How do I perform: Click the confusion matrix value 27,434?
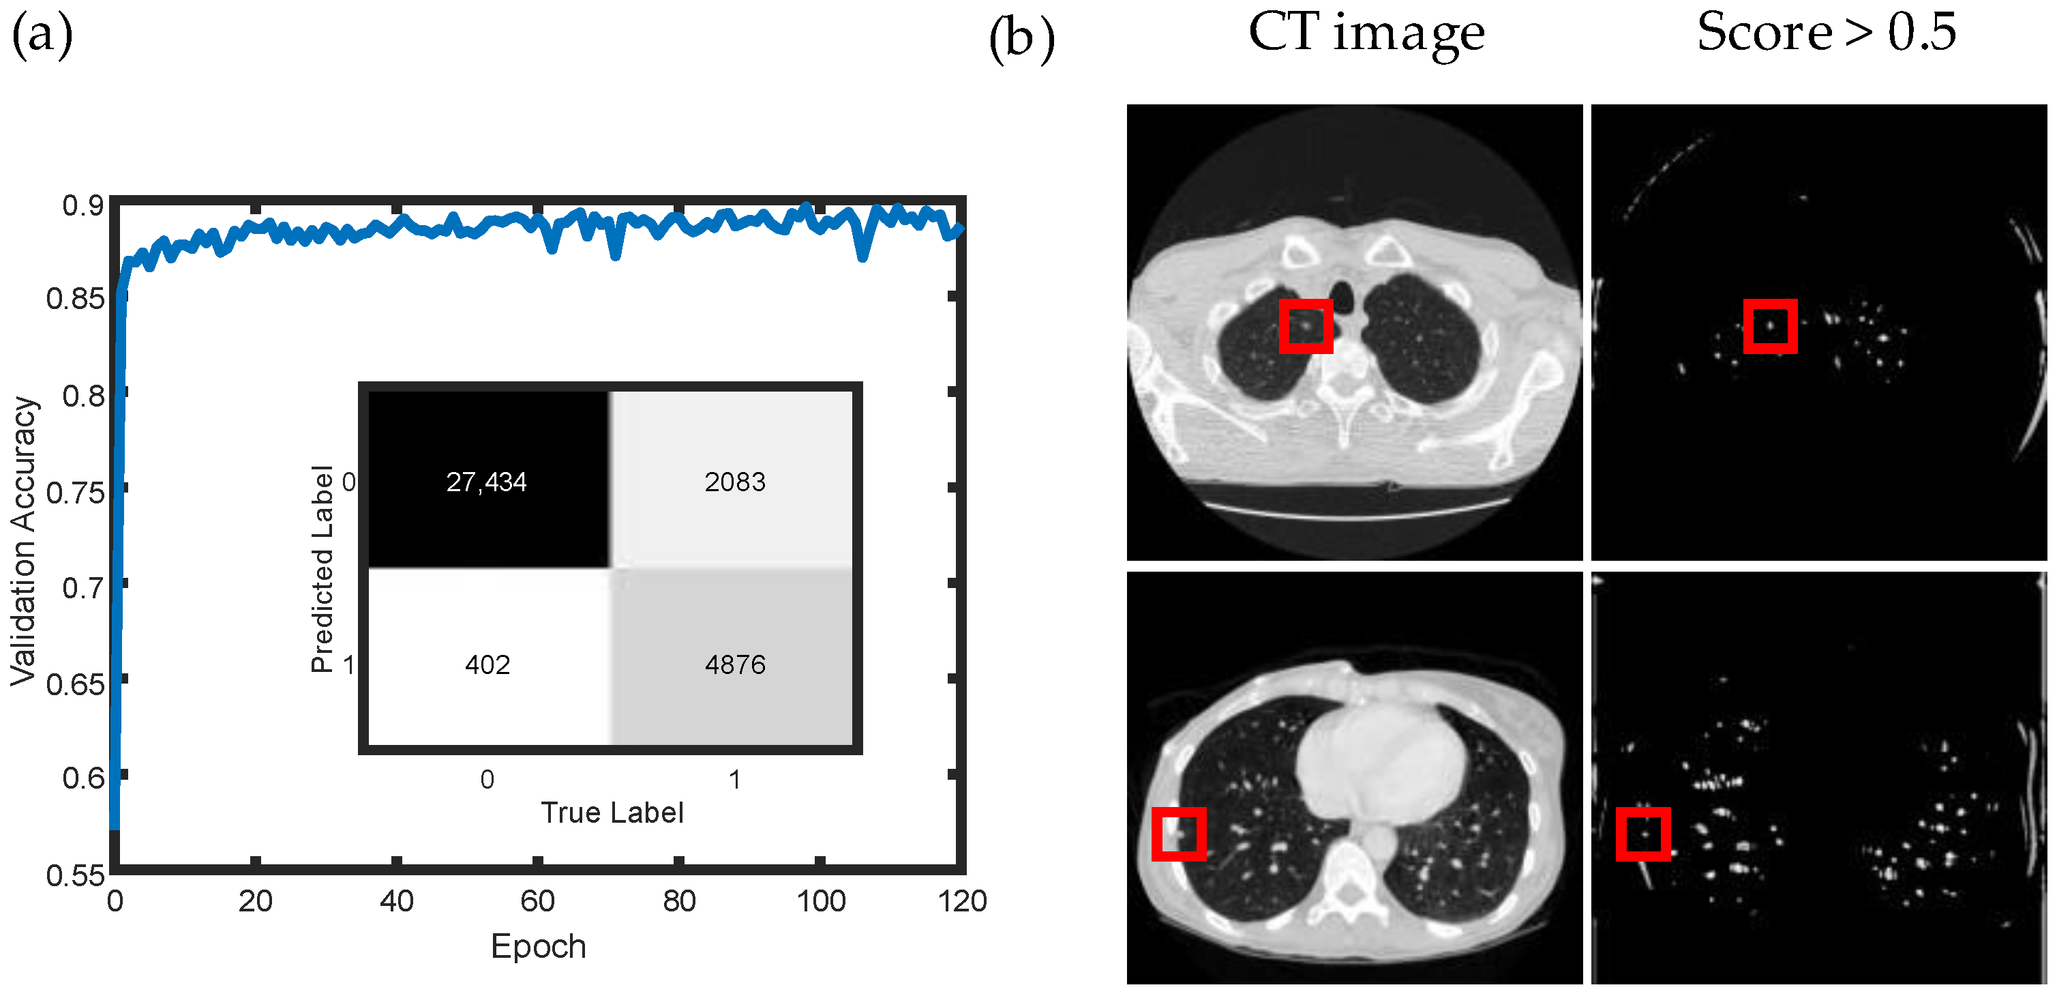pos(486,482)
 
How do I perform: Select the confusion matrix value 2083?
pos(735,482)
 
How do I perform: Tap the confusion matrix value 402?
pos(487,664)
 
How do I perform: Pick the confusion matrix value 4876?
pos(735,664)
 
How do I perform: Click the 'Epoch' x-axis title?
pos(538,946)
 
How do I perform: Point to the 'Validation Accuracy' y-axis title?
pos(24,541)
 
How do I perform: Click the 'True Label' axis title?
pos(612,812)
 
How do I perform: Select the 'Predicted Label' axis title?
pos(322,569)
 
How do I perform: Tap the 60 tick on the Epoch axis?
pos(537,902)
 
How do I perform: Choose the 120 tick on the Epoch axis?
pos(962,902)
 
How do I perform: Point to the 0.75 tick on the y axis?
pos(75,493)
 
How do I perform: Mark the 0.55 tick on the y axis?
pos(75,875)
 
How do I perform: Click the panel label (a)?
pos(42,36)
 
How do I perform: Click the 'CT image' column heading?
pos(1366,33)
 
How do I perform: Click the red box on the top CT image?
pos(1306,326)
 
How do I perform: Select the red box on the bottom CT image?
pos(1179,834)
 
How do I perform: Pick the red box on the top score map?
pos(1771,326)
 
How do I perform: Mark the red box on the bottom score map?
pos(1643,834)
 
